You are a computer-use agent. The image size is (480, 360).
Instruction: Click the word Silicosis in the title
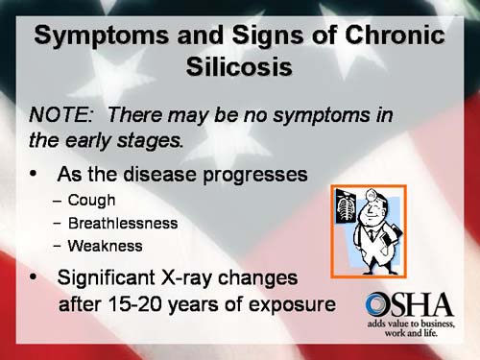240,69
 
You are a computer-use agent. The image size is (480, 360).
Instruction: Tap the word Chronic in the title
388,36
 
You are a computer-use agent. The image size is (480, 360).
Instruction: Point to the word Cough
92,201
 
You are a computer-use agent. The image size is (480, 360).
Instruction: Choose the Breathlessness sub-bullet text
123,223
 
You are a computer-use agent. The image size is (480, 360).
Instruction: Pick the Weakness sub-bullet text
106,245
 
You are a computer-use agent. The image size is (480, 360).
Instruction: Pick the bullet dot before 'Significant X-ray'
34,279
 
